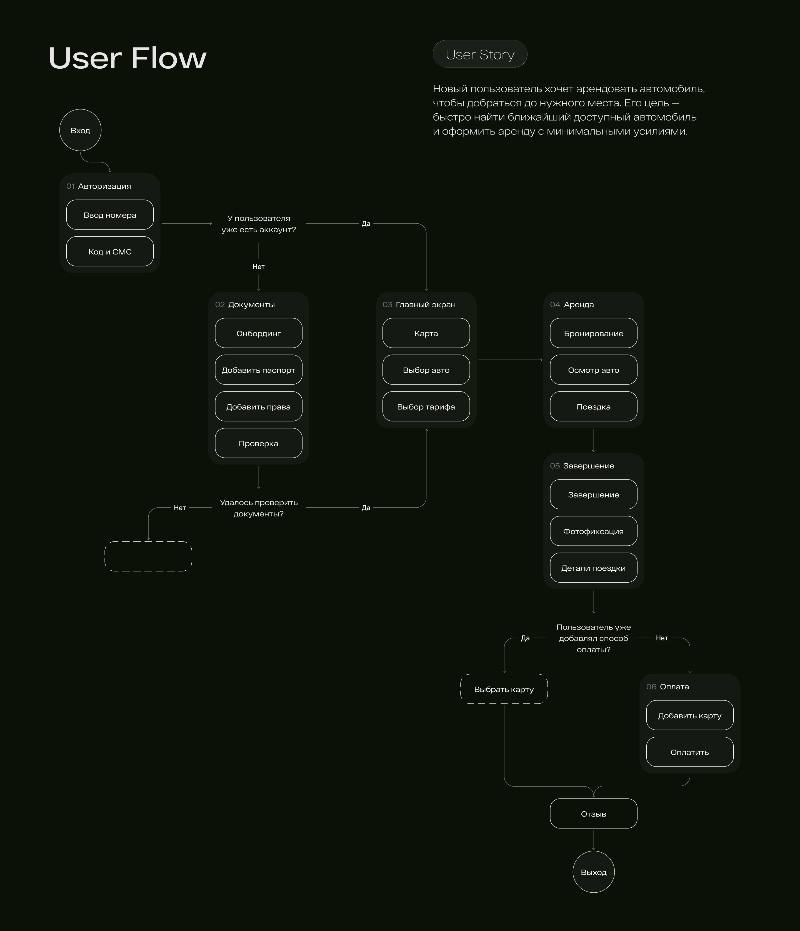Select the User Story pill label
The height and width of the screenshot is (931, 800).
(x=480, y=54)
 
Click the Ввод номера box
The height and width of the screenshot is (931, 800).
(x=110, y=215)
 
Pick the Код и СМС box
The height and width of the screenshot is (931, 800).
(x=110, y=252)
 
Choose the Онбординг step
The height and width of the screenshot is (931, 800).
(x=259, y=333)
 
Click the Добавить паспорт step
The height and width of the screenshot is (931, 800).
(x=259, y=370)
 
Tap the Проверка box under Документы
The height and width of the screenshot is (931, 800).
(x=259, y=443)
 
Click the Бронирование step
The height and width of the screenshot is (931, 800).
(x=593, y=333)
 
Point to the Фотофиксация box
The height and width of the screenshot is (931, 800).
(x=593, y=531)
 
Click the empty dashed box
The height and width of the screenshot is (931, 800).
(x=148, y=541)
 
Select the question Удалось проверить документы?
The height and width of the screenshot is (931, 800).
(x=259, y=508)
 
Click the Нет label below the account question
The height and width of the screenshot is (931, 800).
(x=259, y=266)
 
